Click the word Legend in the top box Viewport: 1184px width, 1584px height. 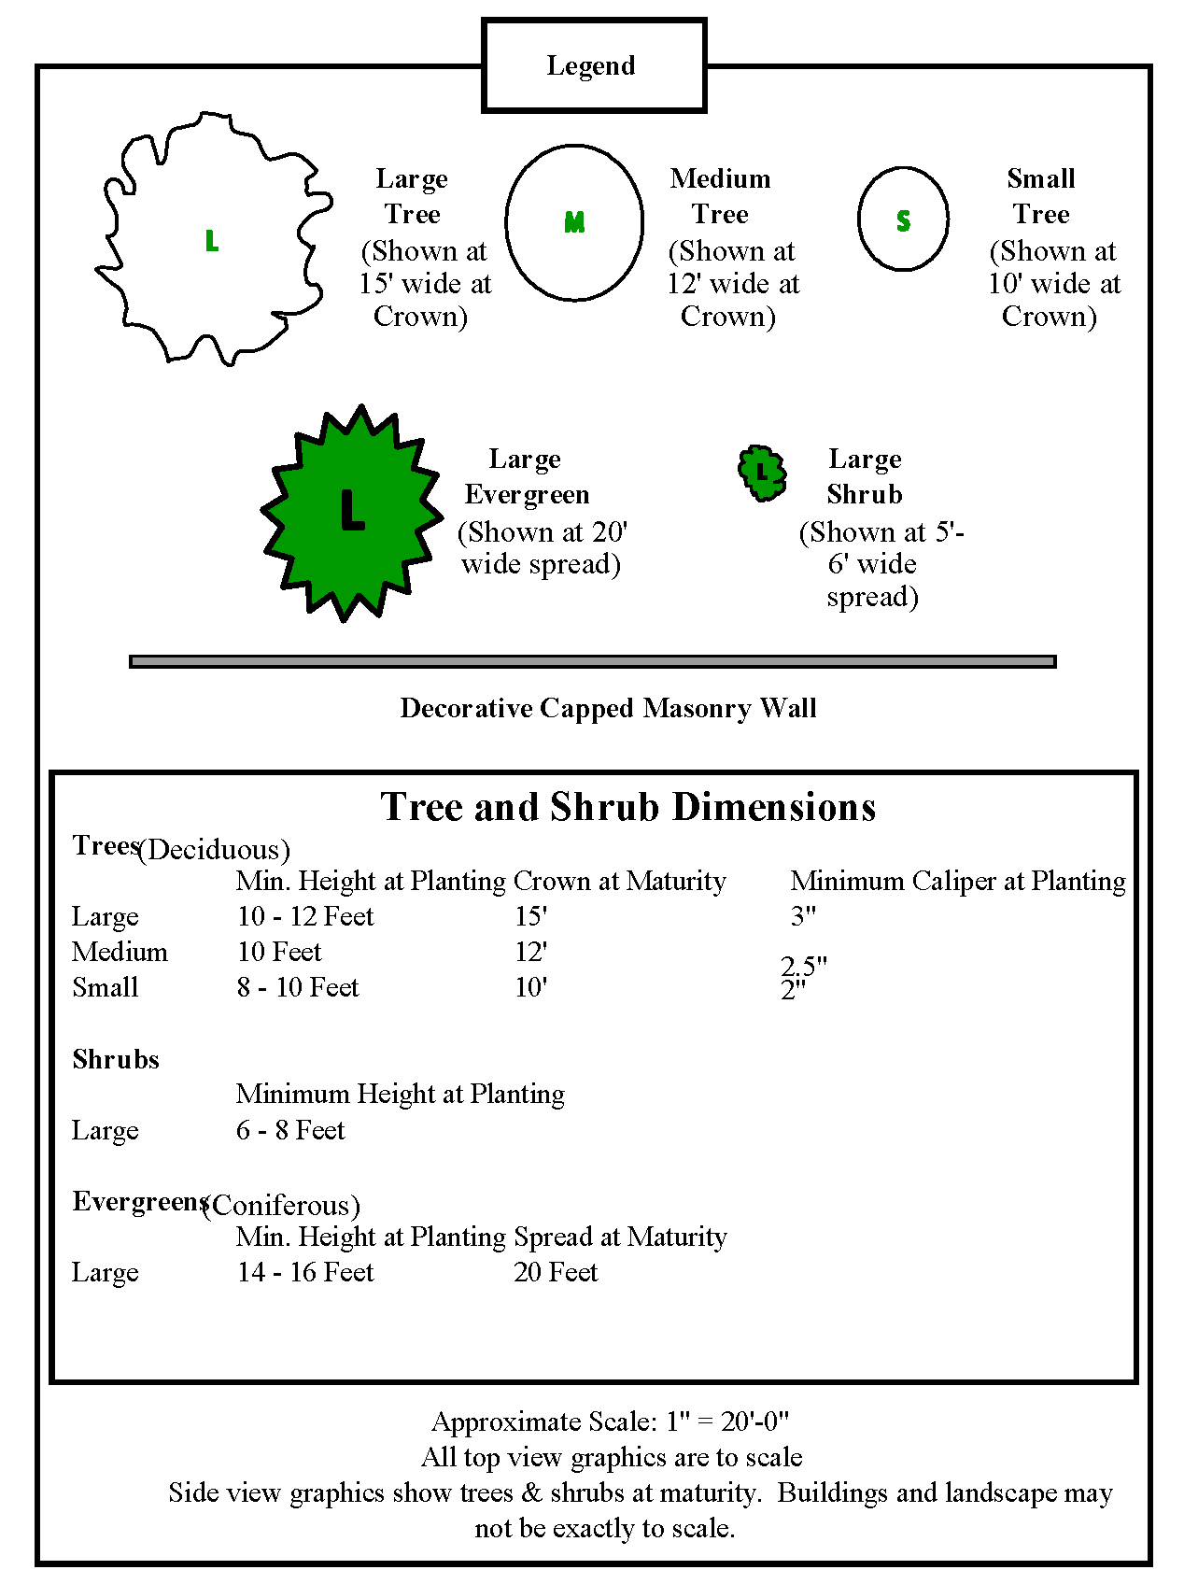[x=590, y=65]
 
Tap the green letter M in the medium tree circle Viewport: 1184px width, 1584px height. [x=574, y=222]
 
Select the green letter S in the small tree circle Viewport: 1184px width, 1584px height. [x=903, y=221]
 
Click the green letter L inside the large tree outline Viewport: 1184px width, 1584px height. [x=212, y=241]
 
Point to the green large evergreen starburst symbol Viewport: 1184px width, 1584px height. [x=350, y=514]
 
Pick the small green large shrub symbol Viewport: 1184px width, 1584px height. [x=762, y=473]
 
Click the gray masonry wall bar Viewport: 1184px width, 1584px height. [x=592, y=661]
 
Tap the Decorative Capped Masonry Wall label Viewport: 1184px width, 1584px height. [x=608, y=708]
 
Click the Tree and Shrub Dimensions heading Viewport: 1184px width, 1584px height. [x=627, y=807]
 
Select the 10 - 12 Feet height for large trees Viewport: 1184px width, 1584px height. [x=305, y=916]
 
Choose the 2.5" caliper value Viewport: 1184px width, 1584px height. [x=804, y=965]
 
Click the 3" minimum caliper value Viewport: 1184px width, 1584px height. [x=803, y=916]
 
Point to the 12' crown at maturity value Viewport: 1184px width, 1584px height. [x=530, y=952]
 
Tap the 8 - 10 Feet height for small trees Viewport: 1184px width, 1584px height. [x=298, y=987]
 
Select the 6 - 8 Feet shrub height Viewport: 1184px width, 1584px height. [x=290, y=1130]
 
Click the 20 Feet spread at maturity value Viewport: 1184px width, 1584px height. [x=556, y=1272]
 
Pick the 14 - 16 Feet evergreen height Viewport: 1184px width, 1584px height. [x=305, y=1272]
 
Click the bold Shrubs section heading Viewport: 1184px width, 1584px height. [x=116, y=1059]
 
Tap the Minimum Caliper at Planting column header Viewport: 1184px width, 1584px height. [x=958, y=881]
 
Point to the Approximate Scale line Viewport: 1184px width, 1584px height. [x=610, y=1421]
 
